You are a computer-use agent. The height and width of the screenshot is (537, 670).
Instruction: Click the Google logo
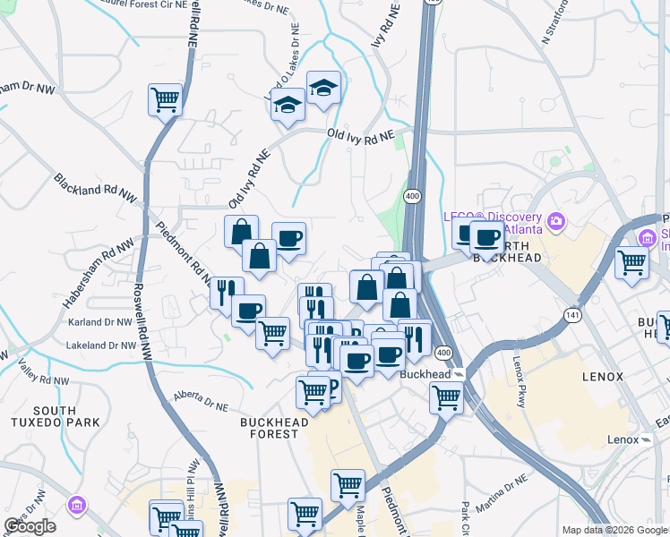tap(30, 526)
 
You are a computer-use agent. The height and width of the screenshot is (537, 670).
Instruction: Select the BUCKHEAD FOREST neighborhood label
tap(274, 428)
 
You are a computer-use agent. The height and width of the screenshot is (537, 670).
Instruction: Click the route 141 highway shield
tap(572, 315)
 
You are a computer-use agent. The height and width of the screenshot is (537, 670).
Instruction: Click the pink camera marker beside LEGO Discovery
tap(556, 220)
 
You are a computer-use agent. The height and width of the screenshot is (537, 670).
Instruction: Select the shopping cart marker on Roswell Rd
tap(166, 100)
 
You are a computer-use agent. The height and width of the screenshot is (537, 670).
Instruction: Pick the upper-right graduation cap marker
tap(323, 88)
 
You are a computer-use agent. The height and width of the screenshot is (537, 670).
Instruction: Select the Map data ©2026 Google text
tap(614, 530)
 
